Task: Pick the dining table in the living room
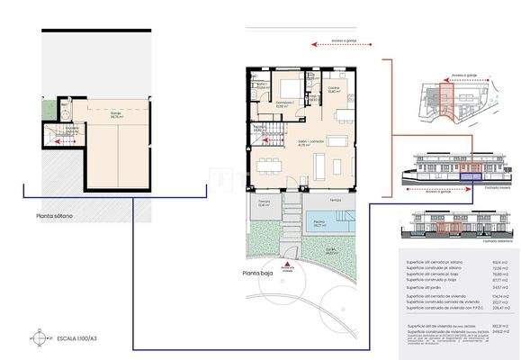[x=270, y=165]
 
